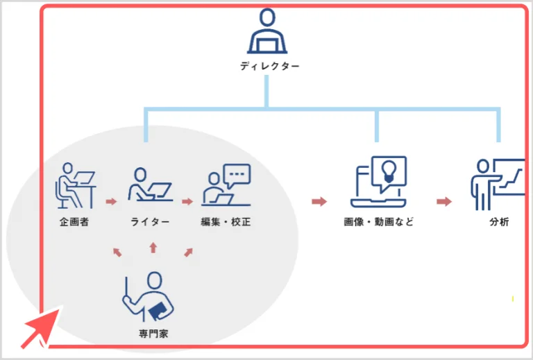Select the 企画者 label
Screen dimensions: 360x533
(74, 223)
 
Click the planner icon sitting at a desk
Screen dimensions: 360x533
(74, 185)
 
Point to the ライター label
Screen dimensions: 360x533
(149, 223)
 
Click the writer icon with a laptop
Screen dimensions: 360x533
(149, 185)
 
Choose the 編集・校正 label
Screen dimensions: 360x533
(226, 223)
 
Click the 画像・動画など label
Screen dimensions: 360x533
(378, 223)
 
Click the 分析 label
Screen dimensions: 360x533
(498, 223)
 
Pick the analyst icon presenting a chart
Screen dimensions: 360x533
(497, 184)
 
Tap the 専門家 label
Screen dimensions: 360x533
(153, 334)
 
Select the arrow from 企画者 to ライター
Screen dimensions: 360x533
(111, 202)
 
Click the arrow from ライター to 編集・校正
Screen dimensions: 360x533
(187, 202)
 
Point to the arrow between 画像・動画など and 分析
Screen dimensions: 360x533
(444, 202)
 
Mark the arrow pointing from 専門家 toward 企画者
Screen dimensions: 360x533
(117, 252)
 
